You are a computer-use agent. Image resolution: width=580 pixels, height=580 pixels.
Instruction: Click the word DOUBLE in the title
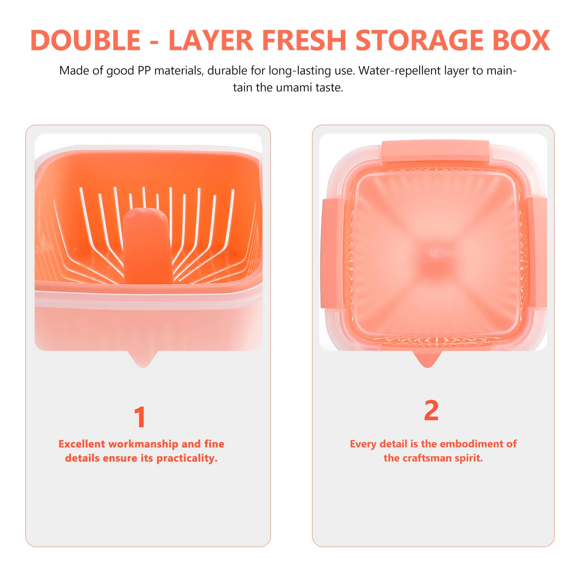pyautogui.click(x=86, y=40)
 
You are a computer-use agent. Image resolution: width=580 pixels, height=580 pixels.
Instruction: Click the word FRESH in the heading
pyautogui.click(x=304, y=40)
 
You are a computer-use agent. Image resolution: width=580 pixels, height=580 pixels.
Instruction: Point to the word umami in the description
pyautogui.click(x=294, y=88)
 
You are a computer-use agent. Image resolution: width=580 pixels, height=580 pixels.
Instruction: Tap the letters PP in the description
pyautogui.click(x=144, y=70)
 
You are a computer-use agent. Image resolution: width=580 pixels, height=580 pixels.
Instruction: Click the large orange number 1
pyautogui.click(x=140, y=417)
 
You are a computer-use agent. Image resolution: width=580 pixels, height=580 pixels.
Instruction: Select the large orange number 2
pyautogui.click(x=431, y=410)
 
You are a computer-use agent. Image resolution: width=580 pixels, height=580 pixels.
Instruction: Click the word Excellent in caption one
pyautogui.click(x=82, y=444)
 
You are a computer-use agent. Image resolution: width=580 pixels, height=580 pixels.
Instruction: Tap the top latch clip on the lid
pyautogui.click(x=435, y=150)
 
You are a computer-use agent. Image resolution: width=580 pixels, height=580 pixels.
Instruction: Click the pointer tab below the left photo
pyautogui.click(x=143, y=359)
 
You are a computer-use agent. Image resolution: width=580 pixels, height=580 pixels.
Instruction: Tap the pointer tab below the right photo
pyautogui.click(x=428, y=359)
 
